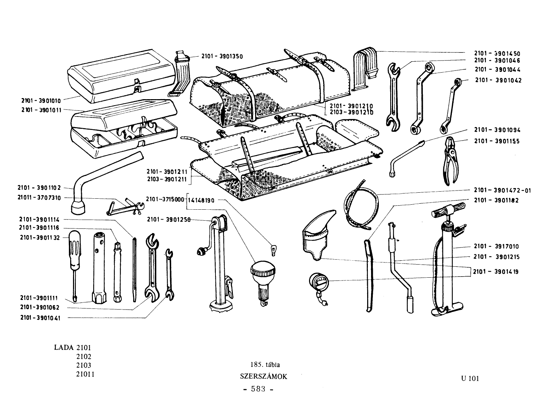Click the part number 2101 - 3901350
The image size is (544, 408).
coord(222,56)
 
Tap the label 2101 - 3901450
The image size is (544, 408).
coord(497,53)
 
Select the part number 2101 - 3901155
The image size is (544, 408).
coord(497,141)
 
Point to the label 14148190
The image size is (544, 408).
coord(201,200)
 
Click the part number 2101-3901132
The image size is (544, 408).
coord(40,238)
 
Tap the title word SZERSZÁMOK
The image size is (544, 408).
coord(263,376)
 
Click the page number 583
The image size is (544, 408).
coord(258,389)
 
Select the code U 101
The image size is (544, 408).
coord(470,379)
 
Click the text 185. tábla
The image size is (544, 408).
coord(265,365)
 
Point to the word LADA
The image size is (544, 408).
coord(64,347)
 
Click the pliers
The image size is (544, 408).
coord(450,160)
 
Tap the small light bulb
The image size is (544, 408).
coord(274,250)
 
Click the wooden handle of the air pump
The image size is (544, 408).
coord(448,209)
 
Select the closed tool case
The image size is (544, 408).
coord(123,76)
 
